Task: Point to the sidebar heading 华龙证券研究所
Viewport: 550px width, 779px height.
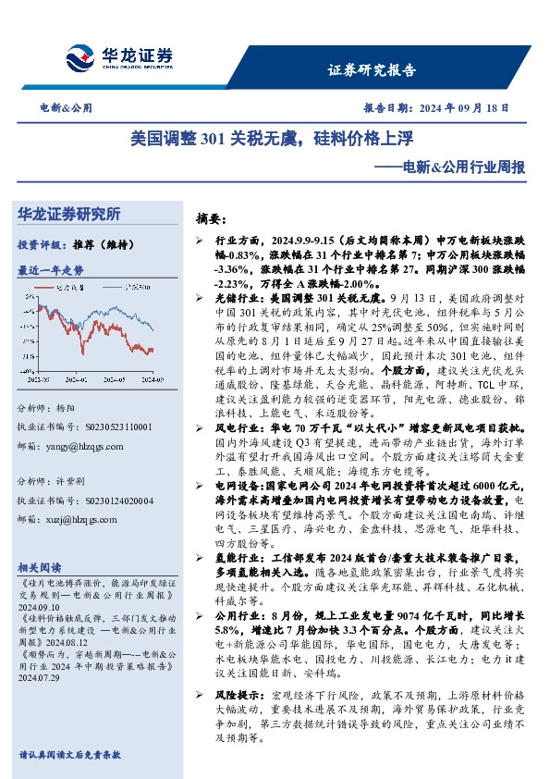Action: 69,214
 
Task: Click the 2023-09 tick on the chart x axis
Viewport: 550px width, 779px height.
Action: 39,379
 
